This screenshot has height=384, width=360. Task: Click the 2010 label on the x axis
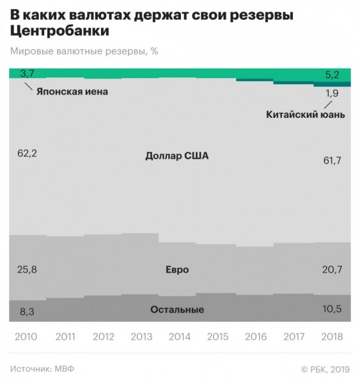point(26,337)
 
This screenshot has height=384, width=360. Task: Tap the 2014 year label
point(180,337)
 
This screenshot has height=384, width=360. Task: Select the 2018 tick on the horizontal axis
point(332,337)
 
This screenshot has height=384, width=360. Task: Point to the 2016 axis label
point(256,337)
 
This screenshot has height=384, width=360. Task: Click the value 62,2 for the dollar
point(27,154)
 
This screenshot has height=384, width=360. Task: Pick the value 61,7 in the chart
point(332,161)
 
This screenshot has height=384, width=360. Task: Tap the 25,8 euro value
point(27,269)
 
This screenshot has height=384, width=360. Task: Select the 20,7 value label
point(332,269)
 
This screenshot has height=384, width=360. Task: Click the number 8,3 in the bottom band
point(27,312)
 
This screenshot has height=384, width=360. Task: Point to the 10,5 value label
point(332,309)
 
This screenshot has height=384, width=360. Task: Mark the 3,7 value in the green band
point(27,74)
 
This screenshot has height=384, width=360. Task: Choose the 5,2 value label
point(332,75)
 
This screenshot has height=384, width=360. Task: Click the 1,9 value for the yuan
point(332,93)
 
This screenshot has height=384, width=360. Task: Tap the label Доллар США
point(177,156)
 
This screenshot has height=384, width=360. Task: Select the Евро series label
point(177,269)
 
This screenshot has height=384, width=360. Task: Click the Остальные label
point(177,310)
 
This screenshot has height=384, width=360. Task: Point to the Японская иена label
point(72,92)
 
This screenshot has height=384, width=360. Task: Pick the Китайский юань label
point(306,115)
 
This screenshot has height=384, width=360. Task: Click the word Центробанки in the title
point(59,31)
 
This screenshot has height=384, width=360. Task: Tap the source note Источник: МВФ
point(42,369)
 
